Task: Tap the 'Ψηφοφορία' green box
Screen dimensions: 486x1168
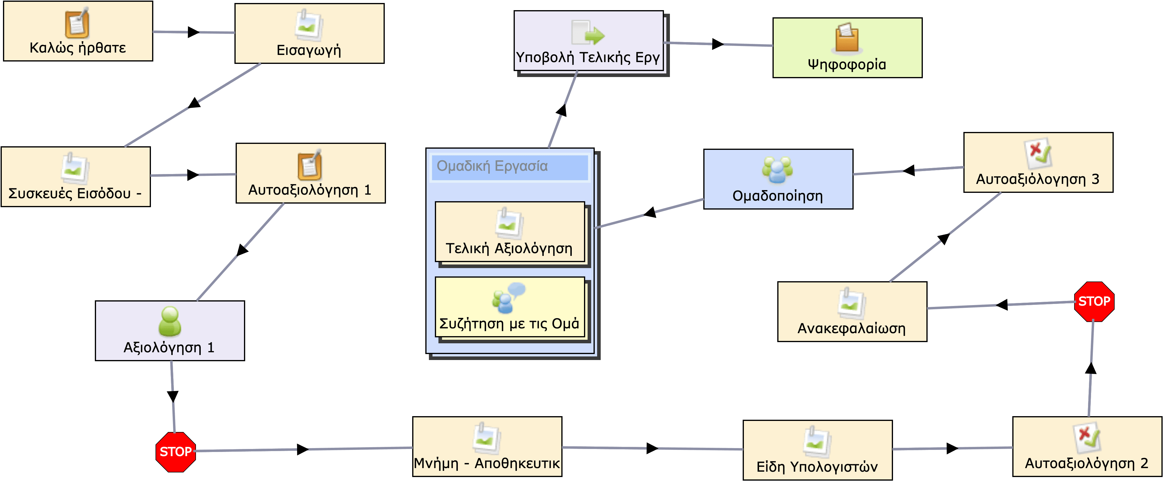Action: [847, 48]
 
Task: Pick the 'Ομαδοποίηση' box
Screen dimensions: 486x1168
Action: [778, 179]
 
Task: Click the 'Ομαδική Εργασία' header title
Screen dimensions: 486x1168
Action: [492, 166]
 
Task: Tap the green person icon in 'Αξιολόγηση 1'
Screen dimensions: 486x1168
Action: [170, 321]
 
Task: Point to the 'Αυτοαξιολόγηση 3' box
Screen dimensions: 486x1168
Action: [1038, 162]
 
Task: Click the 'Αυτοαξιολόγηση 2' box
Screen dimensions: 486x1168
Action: [1087, 447]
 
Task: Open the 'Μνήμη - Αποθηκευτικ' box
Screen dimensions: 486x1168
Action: [487, 447]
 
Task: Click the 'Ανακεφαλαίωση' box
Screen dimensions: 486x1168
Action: [852, 312]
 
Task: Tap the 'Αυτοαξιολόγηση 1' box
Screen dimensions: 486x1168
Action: [310, 173]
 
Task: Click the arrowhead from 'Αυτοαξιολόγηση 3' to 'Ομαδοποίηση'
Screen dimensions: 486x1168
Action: [909, 171]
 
